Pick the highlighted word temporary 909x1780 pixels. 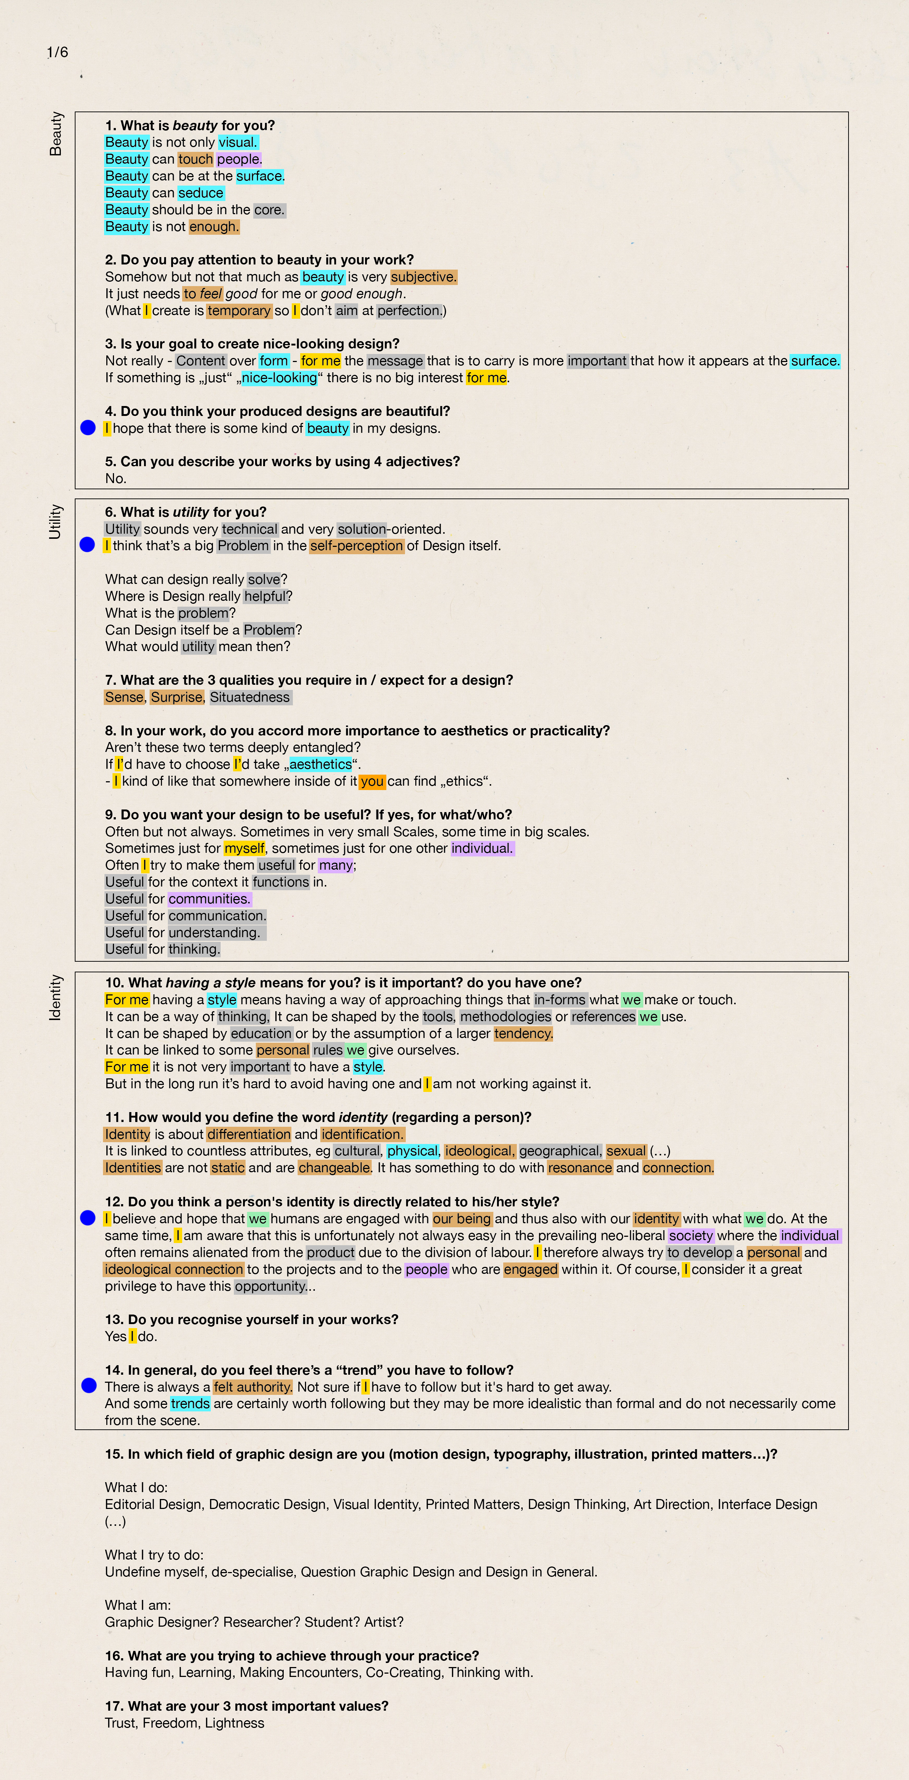point(239,311)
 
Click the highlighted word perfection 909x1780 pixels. point(409,311)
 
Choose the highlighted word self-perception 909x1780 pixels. point(356,546)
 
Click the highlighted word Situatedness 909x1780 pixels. point(250,697)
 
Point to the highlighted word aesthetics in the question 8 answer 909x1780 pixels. point(320,764)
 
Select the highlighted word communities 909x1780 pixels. point(209,899)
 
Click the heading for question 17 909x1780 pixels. point(247,1706)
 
